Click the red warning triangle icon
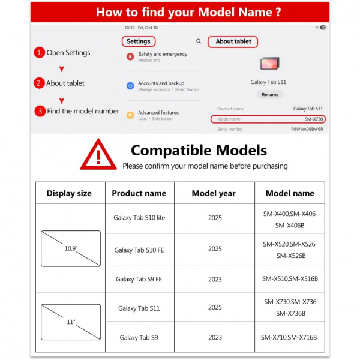click(99, 155)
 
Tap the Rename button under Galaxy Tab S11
click(270, 94)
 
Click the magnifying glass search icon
click(199, 41)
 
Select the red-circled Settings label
click(139, 41)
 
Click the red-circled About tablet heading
click(233, 41)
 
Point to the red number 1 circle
click(39, 53)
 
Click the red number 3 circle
click(39, 111)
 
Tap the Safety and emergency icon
click(130, 56)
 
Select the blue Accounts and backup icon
click(130, 86)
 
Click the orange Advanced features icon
click(130, 115)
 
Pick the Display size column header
click(69, 193)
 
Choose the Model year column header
click(214, 193)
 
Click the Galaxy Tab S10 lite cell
click(139, 218)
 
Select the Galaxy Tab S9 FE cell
click(139, 279)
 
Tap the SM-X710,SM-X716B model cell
click(290, 338)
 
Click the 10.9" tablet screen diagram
click(71, 248)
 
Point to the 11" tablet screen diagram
click(71, 322)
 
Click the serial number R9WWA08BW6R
click(307, 129)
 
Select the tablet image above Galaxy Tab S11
click(269, 64)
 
